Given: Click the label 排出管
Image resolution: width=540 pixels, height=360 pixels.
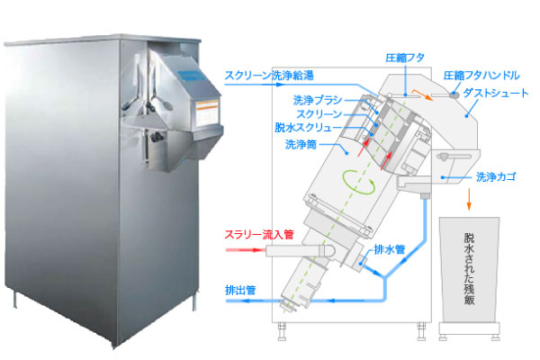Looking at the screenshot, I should pyautogui.click(x=241, y=290).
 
